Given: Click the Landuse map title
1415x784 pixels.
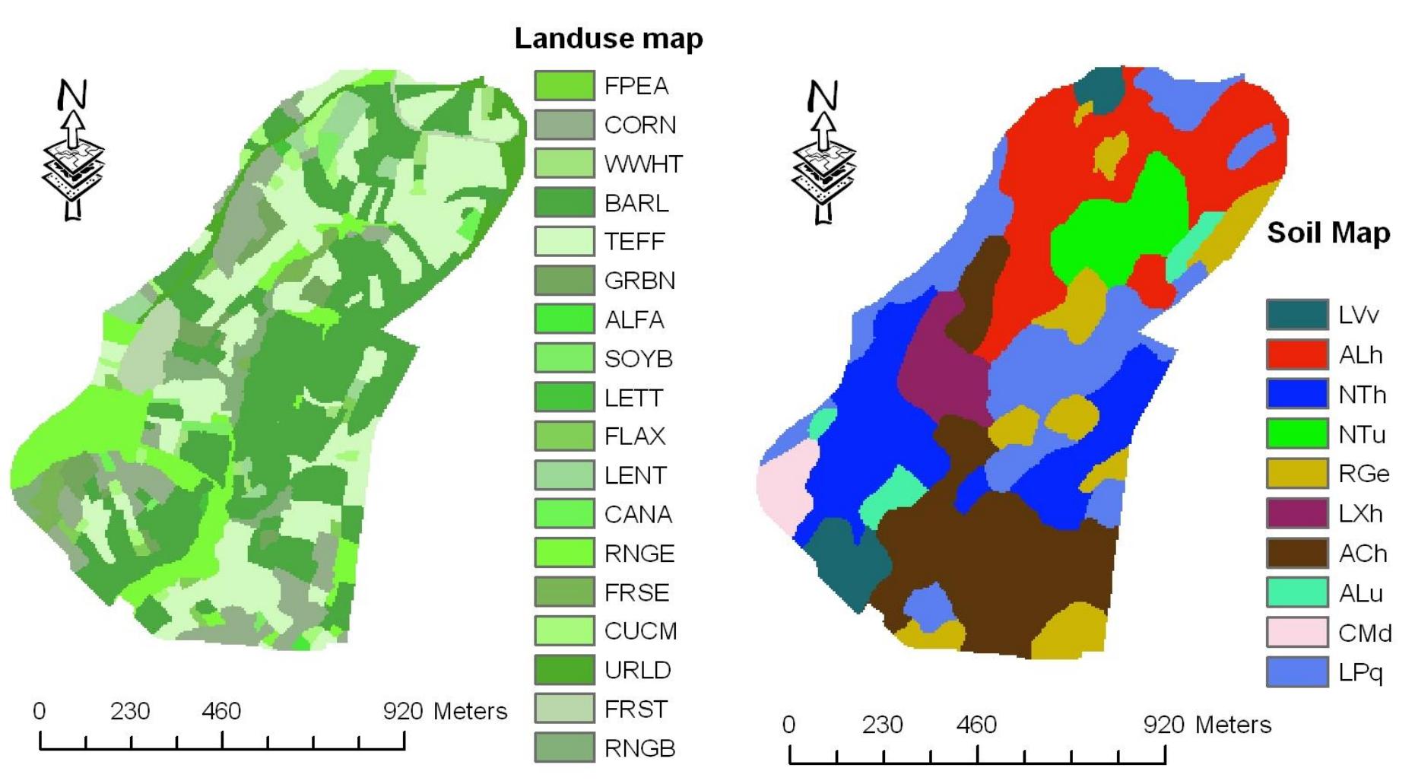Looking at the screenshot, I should [608, 38].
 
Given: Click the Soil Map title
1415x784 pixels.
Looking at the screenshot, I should [1328, 233].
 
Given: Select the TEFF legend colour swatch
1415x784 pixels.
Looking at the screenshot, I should [563, 241].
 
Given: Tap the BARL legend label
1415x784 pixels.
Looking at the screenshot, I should [636, 203].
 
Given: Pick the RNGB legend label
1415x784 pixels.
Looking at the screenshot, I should [639, 748].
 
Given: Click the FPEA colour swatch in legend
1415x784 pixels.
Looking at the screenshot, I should [563, 85].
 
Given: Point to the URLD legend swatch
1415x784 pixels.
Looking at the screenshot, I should [563, 669].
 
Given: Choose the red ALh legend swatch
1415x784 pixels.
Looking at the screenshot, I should [1296, 354].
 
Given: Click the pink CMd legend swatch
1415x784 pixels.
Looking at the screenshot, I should [1296, 632].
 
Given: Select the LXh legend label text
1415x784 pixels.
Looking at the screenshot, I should [1360, 514].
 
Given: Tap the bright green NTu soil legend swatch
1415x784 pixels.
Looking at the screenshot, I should [1296, 433].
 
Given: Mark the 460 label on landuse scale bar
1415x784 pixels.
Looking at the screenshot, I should [221, 711].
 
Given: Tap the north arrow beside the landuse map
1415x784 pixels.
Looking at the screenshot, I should [73, 152].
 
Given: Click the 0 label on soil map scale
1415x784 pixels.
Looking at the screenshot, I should [788, 725].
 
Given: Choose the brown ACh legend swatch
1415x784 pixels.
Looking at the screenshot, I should [1296, 553].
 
